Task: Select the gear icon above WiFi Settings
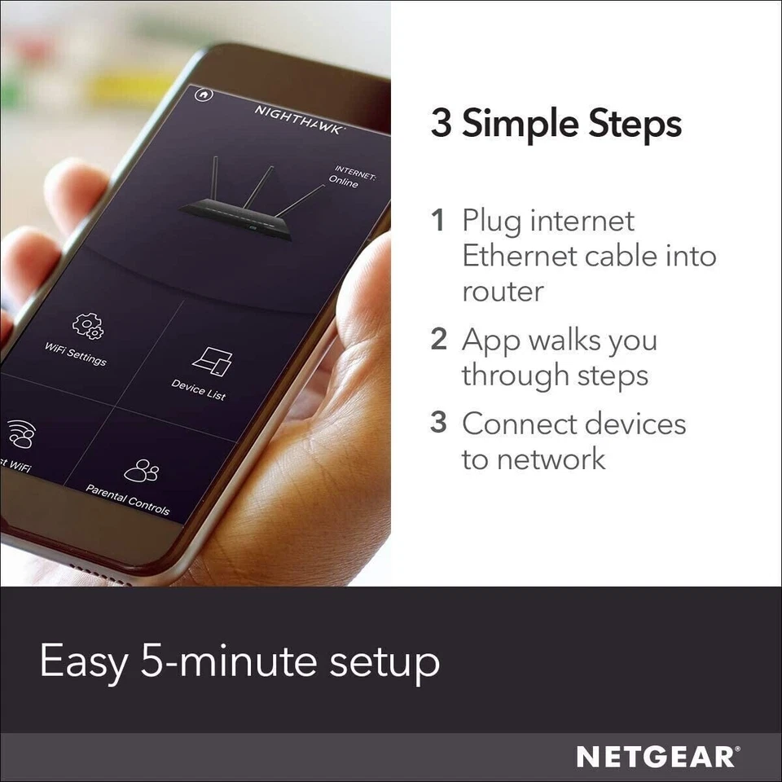pos(87,326)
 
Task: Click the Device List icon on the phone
pos(211,362)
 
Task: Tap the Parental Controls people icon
pos(141,471)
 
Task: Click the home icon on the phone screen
pos(204,94)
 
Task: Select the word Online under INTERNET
pos(344,182)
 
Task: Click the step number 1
pos(438,221)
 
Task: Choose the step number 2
pos(439,340)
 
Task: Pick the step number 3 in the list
pos(439,424)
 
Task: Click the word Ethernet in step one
pos(520,256)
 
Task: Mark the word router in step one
pos(503,292)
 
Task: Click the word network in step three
pos(551,459)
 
